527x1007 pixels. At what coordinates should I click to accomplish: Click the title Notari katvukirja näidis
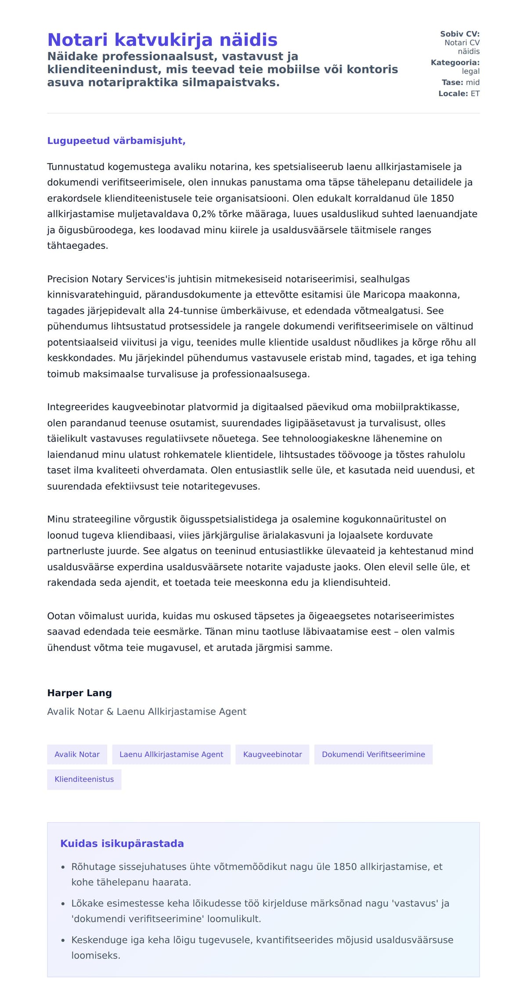pyautogui.click(x=162, y=40)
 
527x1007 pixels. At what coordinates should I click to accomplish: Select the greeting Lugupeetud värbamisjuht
pyautogui.click(x=116, y=141)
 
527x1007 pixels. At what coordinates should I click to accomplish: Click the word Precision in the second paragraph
pyautogui.click(x=68, y=279)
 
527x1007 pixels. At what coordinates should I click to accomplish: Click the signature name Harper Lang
pyautogui.click(x=79, y=693)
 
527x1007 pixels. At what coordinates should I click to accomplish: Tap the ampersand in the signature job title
pyautogui.click(x=110, y=712)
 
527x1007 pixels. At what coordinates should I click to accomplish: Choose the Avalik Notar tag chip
pyautogui.click(x=77, y=755)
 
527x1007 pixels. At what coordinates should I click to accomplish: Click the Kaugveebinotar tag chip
pyautogui.click(x=272, y=755)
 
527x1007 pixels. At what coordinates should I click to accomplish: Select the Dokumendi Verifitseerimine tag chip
pyautogui.click(x=373, y=755)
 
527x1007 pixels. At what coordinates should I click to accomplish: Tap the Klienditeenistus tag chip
pyautogui.click(x=84, y=779)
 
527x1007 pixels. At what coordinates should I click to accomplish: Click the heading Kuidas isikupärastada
pyautogui.click(x=122, y=844)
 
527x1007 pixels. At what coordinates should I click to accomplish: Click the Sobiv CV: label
pyautogui.click(x=460, y=34)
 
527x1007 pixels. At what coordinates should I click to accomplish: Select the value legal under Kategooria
pyautogui.click(x=471, y=71)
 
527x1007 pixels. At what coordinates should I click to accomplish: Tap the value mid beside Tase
pyautogui.click(x=473, y=83)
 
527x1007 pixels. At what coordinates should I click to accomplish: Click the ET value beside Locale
pyautogui.click(x=475, y=94)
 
